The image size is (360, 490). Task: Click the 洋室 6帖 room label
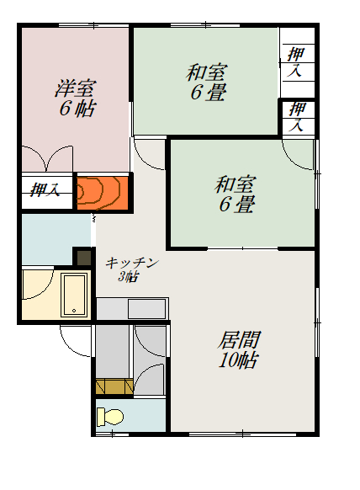75,98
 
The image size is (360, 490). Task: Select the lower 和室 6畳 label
235,193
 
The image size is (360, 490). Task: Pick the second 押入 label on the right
297,116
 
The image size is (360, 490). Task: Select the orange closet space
102,192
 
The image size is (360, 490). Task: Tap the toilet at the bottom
109,416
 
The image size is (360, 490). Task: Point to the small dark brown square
83,257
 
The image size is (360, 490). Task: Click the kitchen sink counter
132,308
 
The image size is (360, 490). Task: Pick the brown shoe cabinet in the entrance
114,386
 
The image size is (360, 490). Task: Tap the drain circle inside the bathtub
76,311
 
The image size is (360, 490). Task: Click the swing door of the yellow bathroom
37,286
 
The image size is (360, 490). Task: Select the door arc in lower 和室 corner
299,155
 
